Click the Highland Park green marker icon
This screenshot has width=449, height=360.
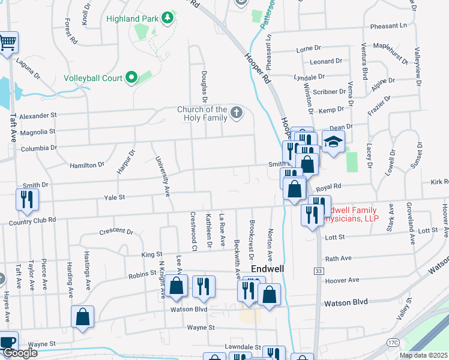[167, 18]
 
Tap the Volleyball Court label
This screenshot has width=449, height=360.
[93, 78]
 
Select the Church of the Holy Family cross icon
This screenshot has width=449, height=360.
[237, 112]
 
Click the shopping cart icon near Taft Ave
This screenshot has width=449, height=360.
[7, 43]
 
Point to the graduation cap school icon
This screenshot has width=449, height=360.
[333, 142]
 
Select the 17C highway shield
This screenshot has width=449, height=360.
[393, 342]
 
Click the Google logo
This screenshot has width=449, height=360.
[19, 353]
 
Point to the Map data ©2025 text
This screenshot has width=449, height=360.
[423, 355]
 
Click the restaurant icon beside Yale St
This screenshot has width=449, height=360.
[27, 200]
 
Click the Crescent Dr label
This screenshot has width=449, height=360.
[116, 231]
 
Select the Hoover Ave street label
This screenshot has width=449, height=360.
[342, 280]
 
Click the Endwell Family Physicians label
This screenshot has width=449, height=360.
[351, 215]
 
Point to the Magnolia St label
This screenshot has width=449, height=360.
[37, 131]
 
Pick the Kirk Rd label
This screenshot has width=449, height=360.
[439, 182]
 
